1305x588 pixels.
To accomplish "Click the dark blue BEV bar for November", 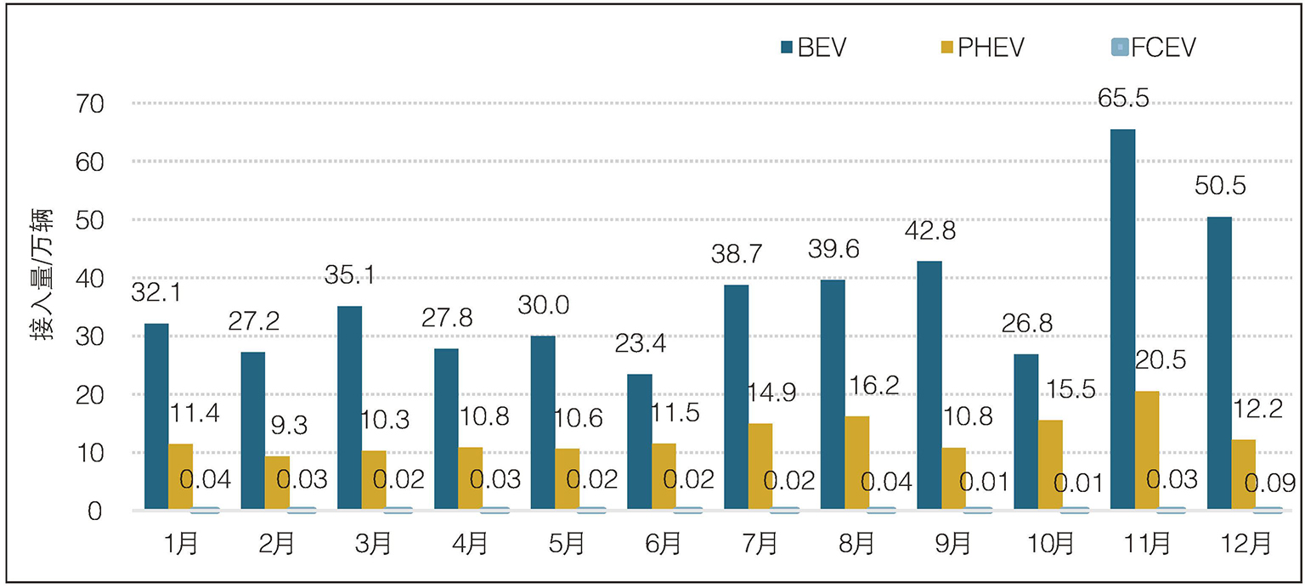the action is click(1122, 319).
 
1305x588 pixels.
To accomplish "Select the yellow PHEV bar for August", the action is click(857, 463).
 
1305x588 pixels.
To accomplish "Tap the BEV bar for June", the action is click(640, 442).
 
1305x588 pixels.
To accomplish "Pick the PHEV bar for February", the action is click(277, 483).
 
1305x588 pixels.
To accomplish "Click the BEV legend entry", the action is click(813, 48).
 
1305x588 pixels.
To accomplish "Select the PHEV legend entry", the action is click(982, 48).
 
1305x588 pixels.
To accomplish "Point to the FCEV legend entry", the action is click(1154, 48).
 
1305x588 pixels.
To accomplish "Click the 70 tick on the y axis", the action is click(90, 104).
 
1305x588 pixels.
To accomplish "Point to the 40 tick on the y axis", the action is click(90, 279).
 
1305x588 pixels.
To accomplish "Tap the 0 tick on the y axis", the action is click(95, 511).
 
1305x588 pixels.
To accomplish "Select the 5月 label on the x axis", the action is click(567, 544).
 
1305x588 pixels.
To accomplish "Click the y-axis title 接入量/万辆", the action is click(42, 274).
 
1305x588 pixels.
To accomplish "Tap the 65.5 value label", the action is click(1123, 98).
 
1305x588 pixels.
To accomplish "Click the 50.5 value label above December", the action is click(1220, 186).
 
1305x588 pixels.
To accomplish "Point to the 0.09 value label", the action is click(1270, 483).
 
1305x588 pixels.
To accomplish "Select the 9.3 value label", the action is click(289, 426).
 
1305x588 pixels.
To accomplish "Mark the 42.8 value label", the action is click(929, 231).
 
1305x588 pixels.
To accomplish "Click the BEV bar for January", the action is click(156, 416).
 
